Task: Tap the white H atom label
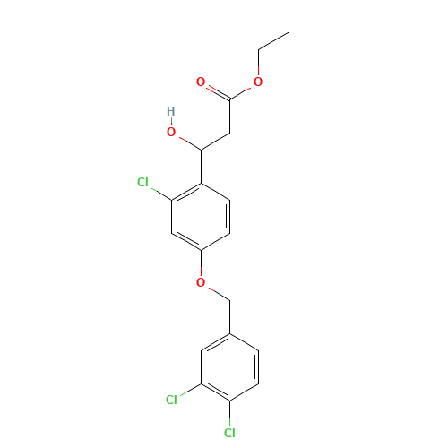[171, 111]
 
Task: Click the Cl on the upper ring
[142, 183]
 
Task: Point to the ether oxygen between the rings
[200, 282]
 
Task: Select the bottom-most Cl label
[228, 434]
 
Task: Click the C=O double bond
[215, 90]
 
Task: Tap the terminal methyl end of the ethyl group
[287, 32]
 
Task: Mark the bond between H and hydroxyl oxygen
[171, 122]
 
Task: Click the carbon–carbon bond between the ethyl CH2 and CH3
[272, 40]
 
